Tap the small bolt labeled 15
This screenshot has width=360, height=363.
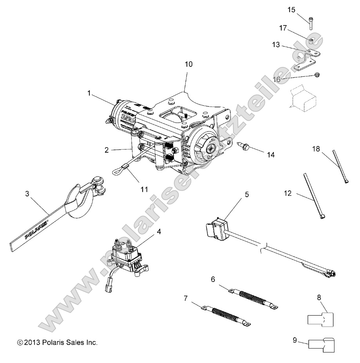311,23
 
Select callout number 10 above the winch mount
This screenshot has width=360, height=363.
188,64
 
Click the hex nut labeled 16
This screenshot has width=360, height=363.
315,76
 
